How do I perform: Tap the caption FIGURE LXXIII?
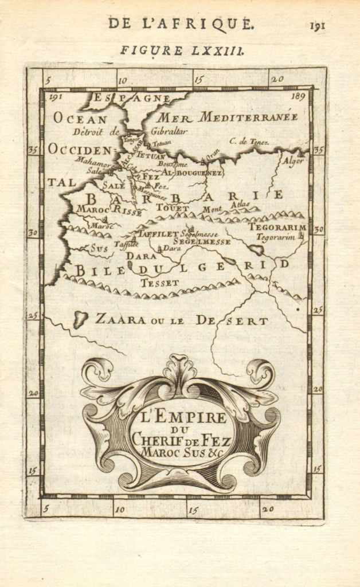182,50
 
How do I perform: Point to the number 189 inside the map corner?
298,97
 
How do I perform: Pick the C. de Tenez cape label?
249,141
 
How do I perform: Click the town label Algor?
292,161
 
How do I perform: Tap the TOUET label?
172,208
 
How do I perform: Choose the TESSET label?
160,283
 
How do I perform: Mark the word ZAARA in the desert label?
120,319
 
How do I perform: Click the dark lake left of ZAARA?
80,319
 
